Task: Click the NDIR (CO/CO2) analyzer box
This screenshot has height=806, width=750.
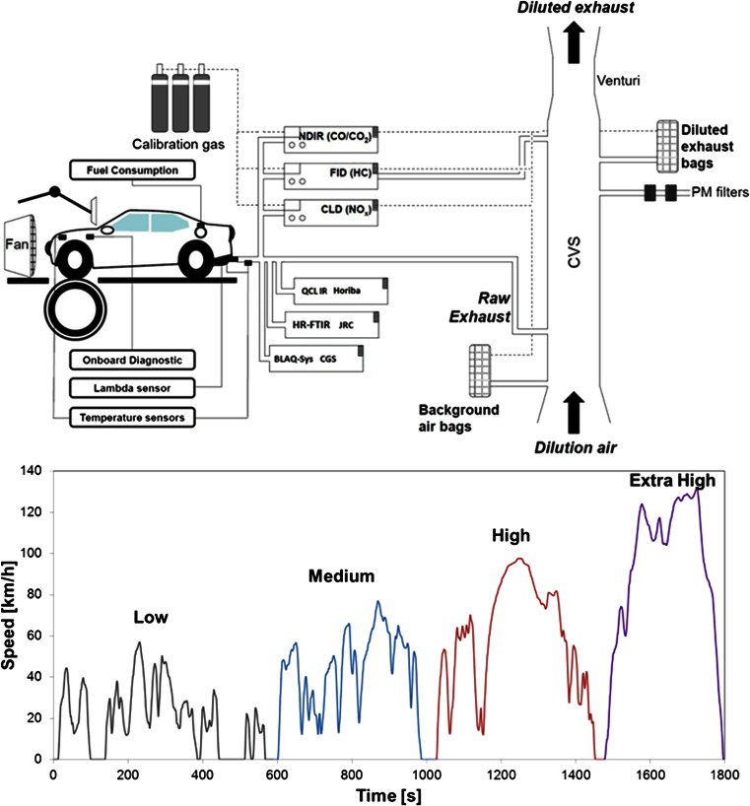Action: (x=331, y=138)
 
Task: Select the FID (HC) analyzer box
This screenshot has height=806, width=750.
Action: (x=331, y=174)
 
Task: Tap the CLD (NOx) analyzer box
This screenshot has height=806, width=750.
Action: (x=331, y=210)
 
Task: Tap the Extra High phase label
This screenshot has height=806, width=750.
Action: (x=671, y=481)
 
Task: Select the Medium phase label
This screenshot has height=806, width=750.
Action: (x=341, y=574)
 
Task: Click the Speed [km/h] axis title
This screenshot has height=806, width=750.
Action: (x=12, y=613)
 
